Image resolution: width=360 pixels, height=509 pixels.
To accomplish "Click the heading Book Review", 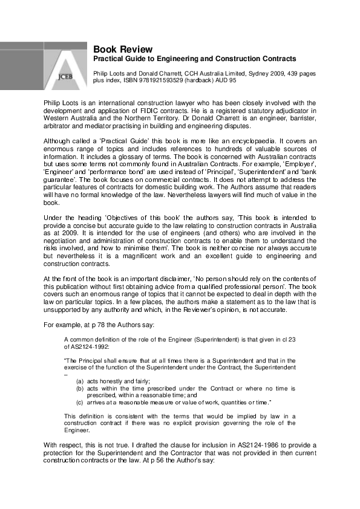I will (x=122, y=49).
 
